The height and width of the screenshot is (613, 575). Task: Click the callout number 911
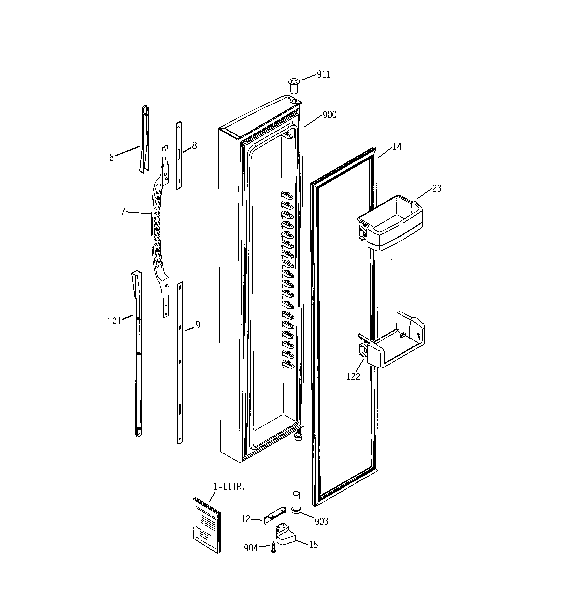(x=324, y=74)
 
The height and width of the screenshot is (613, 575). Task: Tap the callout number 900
(x=329, y=115)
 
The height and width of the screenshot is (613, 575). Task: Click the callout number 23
(x=437, y=188)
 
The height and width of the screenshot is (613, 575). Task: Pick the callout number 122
(x=353, y=377)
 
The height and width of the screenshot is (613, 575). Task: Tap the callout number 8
(x=195, y=146)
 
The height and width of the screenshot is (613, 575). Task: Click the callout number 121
(x=114, y=321)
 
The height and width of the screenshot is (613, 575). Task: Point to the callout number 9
(x=198, y=325)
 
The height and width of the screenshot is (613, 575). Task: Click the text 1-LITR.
(x=229, y=487)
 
